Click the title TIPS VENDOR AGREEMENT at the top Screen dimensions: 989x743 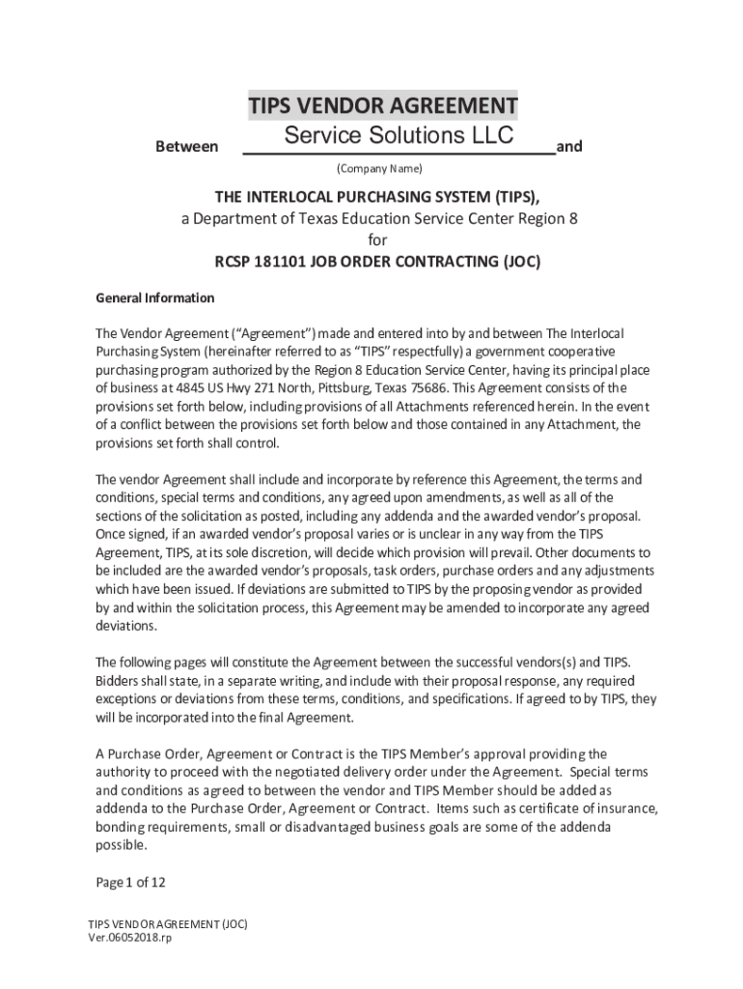click(382, 105)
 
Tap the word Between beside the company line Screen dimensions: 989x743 click(186, 147)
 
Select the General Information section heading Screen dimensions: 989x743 click(154, 297)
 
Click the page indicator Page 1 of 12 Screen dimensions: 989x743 click(131, 883)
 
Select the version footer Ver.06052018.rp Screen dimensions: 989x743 click(130, 938)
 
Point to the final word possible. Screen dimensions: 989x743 click(121, 845)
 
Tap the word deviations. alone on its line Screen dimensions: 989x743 click(125, 626)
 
